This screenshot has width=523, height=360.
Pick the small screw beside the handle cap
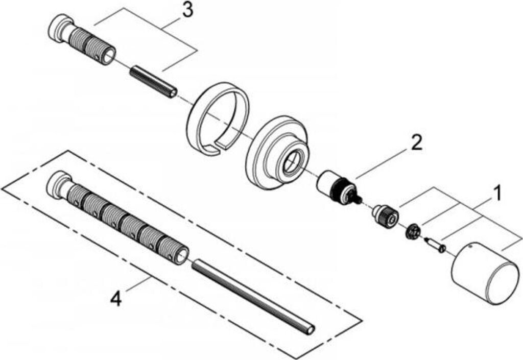click(435, 245)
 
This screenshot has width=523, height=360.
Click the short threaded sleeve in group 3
click(89, 46)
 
